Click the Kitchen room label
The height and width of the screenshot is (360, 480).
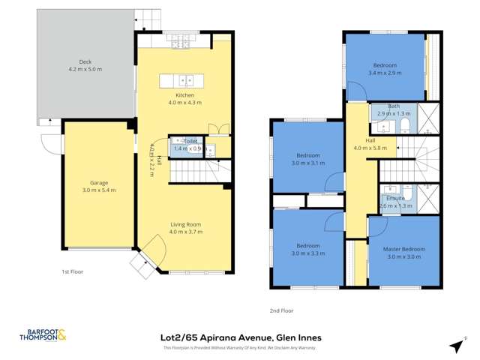(184, 95)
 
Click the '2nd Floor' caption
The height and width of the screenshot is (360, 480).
(281, 309)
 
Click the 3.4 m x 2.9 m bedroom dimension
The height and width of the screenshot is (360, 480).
(385, 73)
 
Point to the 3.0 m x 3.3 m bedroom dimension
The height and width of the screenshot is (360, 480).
(307, 253)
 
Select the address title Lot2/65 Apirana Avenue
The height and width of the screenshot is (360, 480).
(237, 337)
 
